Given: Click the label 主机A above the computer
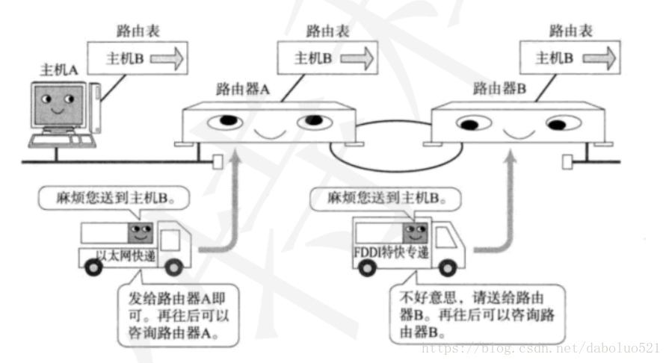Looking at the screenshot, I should tap(58, 69).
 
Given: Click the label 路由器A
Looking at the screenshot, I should tap(241, 89).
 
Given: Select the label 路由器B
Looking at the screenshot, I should tap(499, 89).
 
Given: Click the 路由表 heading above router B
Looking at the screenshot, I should tap(571, 31).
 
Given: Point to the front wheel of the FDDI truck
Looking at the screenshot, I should tap(446, 265).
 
